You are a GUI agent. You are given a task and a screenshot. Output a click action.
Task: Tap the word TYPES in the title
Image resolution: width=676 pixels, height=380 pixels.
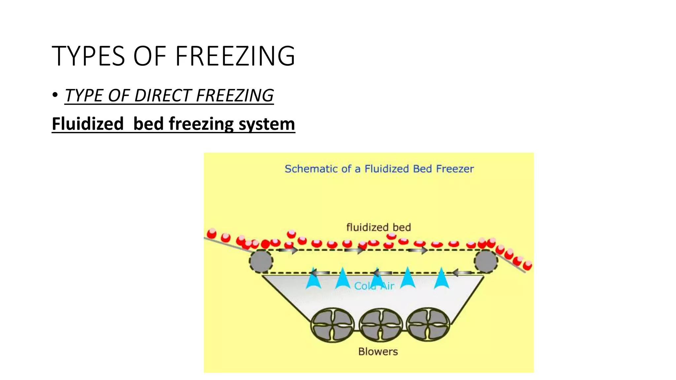click(x=88, y=56)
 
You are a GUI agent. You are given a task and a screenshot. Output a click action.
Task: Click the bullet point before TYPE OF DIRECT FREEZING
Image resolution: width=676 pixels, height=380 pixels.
click(x=55, y=95)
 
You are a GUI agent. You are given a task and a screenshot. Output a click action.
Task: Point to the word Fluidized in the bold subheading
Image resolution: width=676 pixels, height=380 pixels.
click(x=87, y=124)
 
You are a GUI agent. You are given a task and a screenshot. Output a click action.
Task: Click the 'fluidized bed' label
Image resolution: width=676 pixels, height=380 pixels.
click(x=378, y=227)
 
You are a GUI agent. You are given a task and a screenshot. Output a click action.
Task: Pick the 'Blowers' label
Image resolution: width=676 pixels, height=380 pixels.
click(x=378, y=352)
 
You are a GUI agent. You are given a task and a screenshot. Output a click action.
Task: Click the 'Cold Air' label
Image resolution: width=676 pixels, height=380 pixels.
click(x=374, y=286)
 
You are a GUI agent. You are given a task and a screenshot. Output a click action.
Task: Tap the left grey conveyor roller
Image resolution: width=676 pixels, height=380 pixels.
click(x=261, y=261)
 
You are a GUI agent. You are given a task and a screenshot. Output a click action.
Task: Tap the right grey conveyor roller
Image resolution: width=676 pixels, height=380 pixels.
click(x=486, y=261)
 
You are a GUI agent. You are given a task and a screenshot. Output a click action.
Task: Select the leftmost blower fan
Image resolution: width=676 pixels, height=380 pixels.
click(x=332, y=325)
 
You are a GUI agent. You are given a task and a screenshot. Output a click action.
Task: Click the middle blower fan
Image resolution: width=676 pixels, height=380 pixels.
click(x=381, y=325)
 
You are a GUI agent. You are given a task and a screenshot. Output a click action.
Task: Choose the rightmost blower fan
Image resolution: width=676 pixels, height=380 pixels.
click(x=428, y=325)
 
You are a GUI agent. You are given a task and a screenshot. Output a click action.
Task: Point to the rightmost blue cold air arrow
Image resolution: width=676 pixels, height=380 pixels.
click(x=441, y=279)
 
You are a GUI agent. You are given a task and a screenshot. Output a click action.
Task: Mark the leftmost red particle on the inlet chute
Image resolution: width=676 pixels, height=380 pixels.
click(x=212, y=234)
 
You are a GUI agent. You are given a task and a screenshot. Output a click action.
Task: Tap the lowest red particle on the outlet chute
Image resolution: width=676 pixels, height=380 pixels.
click(x=527, y=265)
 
